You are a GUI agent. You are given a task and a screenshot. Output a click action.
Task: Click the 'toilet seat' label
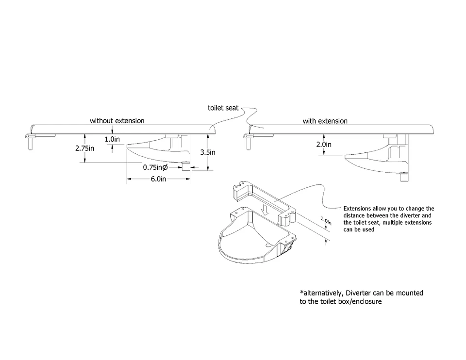tap(223, 108)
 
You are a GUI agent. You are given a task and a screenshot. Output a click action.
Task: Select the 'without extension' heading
tap(117, 120)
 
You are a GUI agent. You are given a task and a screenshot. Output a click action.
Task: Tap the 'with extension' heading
tap(325, 121)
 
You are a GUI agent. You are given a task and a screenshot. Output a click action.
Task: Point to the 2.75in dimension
tap(85, 148)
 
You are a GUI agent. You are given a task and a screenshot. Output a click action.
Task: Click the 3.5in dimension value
tap(208, 152)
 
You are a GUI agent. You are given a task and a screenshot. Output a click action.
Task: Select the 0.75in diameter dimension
tap(155, 167)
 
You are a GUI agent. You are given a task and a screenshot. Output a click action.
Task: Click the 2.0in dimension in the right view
tap(325, 144)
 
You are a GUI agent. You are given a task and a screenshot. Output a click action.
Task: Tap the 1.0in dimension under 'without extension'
tap(112, 139)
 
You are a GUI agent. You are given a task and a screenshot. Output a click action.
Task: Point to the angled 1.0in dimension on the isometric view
tap(326, 221)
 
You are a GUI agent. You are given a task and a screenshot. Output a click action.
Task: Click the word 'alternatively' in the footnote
tap(323, 293)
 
